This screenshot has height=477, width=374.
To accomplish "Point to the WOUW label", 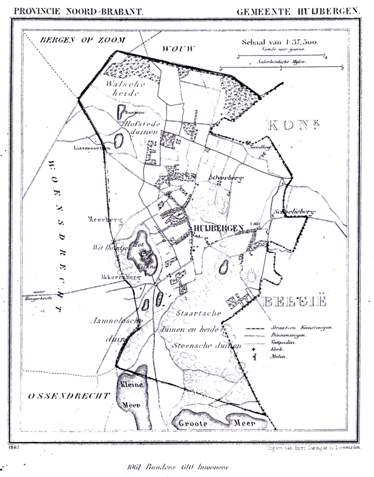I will coord(179,48).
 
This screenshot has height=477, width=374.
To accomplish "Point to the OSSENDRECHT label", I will coord(69,396).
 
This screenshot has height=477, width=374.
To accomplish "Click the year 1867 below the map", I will coord(15,447).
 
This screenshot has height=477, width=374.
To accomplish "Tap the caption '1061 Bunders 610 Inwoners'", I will coord(178,467).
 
